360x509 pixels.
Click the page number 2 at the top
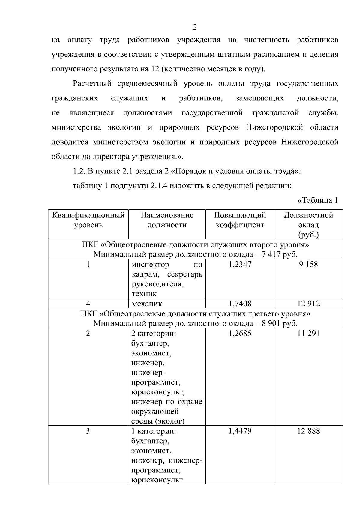tap(195, 27)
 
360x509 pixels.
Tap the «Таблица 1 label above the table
tap(318, 200)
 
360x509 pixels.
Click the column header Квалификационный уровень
tap(88, 220)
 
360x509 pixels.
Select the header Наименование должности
tap(167, 220)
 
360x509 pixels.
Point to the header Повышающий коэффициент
tap(240, 220)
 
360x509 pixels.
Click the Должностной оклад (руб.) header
tap(308, 225)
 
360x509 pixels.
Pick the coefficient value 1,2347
tap(240, 264)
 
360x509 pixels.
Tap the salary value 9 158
tap(308, 264)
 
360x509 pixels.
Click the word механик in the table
tap(147, 304)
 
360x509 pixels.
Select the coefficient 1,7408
tap(240, 304)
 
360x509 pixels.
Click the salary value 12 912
tap(308, 304)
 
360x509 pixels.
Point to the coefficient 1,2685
tap(240, 333)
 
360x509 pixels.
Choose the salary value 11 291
tap(308, 333)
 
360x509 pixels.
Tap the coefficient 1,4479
tap(240, 431)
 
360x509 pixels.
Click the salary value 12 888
tap(308, 431)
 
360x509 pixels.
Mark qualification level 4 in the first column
tap(88, 304)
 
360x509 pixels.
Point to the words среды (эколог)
tap(158, 421)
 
